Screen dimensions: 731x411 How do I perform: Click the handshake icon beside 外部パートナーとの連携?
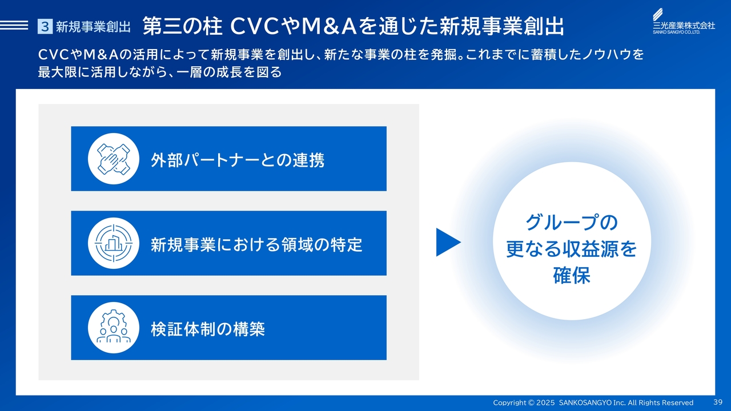pos(114,159)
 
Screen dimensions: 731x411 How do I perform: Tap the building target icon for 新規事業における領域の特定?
pos(114,243)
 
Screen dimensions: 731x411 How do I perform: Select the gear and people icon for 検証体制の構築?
pos(114,328)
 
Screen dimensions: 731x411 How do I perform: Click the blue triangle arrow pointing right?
pos(448,242)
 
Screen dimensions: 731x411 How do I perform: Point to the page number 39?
pos(718,402)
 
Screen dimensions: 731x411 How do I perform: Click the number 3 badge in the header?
pos(45,26)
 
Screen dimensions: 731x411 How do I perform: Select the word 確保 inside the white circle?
pos(572,275)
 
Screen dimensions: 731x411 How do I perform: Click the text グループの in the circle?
pos(572,223)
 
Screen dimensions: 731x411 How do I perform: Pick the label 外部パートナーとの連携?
pos(238,160)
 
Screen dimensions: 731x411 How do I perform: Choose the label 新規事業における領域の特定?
pos(256,245)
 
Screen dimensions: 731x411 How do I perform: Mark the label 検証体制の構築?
pos(208,329)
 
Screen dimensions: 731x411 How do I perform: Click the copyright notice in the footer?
pos(593,402)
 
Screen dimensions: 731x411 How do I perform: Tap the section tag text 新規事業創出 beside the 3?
pos(93,27)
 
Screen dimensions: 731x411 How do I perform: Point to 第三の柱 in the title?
pos(182,26)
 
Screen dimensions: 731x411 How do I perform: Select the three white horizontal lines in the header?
pos(14,25)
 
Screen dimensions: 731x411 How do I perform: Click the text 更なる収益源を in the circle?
pos(572,249)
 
